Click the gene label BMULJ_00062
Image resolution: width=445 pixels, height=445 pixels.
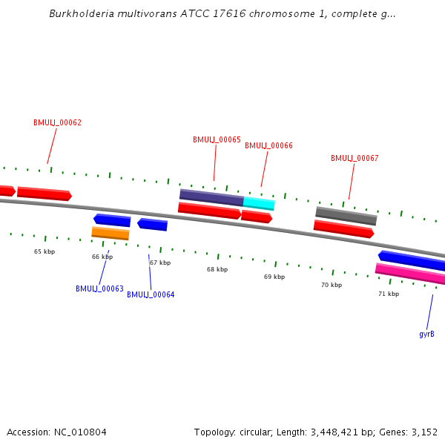(57, 122)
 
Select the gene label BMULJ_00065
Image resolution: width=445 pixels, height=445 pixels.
(217, 139)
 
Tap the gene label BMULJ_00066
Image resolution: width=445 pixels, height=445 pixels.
(268, 145)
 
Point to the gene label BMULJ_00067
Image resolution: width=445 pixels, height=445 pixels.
(355, 158)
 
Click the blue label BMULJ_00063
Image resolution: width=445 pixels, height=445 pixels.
(99, 289)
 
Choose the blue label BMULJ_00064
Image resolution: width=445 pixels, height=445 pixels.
(151, 294)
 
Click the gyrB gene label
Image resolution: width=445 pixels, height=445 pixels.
(426, 334)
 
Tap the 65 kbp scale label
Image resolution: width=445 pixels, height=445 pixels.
(44, 251)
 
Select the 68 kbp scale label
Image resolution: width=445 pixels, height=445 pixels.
(217, 269)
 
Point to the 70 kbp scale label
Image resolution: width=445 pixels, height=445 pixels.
(332, 285)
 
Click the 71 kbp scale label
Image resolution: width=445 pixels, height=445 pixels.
(389, 294)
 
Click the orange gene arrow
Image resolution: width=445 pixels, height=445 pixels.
(111, 233)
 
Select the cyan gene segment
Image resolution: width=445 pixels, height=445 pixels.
(259, 203)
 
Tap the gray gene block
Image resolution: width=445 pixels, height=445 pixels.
(346, 216)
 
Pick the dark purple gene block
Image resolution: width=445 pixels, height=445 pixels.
(211, 197)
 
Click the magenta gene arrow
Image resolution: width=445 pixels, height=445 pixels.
(410, 274)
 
